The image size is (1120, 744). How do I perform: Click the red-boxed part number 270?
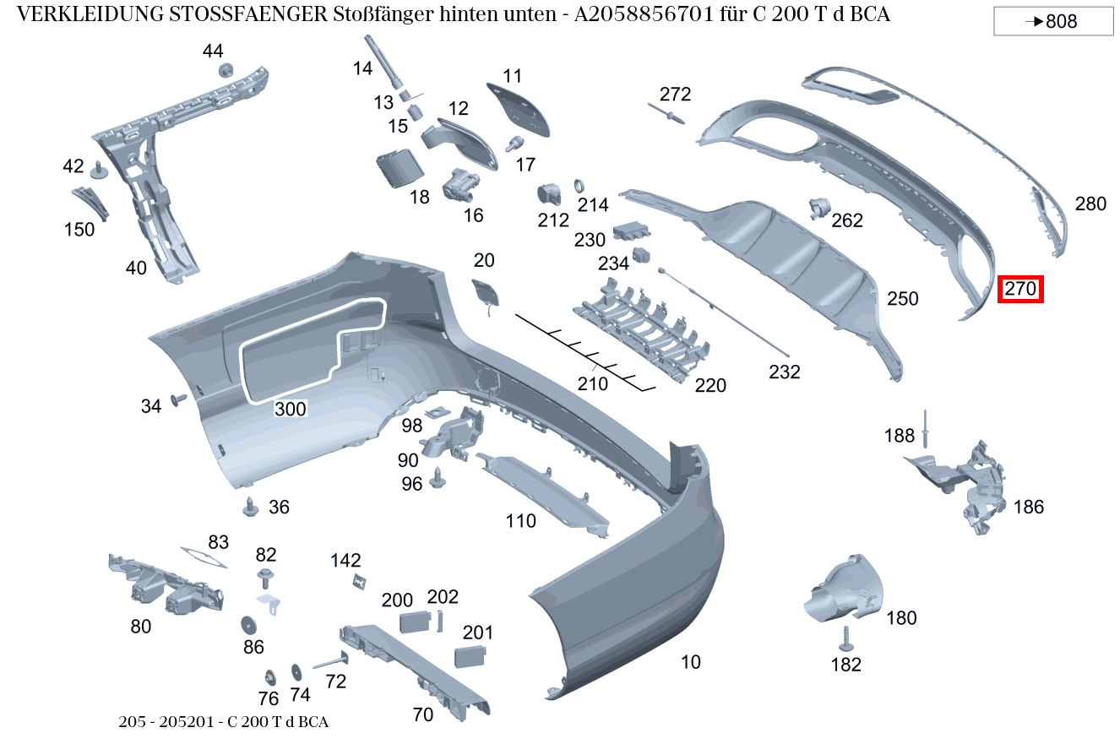tap(1020, 289)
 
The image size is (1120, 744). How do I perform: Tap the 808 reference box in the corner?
tap(1053, 22)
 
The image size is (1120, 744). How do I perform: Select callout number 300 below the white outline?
tap(290, 410)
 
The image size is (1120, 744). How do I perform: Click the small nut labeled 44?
tap(226, 70)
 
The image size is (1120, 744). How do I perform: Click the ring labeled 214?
tap(580, 187)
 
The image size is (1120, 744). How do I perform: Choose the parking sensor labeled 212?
tap(550, 193)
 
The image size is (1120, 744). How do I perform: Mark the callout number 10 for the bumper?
tap(691, 662)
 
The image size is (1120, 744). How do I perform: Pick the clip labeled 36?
tap(251, 507)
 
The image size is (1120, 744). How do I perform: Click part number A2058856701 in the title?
tap(641, 15)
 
